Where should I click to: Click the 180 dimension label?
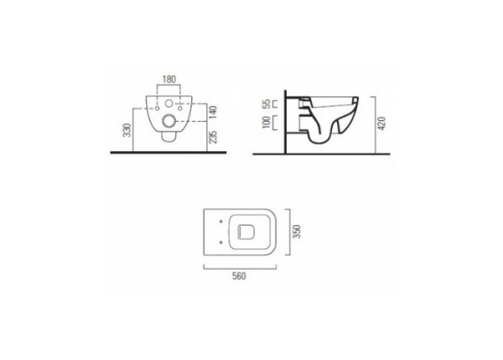click(169, 80)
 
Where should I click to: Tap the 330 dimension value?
click(127, 130)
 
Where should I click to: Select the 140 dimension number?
click(213, 112)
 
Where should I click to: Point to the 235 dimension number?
click(213, 137)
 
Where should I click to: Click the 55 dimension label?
click(267, 104)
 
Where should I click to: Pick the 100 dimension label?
click(267, 123)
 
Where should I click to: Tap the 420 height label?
click(381, 123)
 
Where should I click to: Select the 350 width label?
click(298, 232)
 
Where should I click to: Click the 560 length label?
click(239, 276)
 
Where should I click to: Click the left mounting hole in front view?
click(158, 108)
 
